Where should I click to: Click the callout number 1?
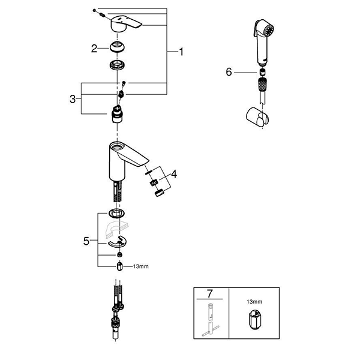coord(181,52)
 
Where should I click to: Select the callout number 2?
coord(94,49)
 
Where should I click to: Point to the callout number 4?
coord(174,174)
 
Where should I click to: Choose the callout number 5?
coord(86,240)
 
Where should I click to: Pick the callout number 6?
coord(228,71)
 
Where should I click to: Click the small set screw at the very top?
coord(96,10)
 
